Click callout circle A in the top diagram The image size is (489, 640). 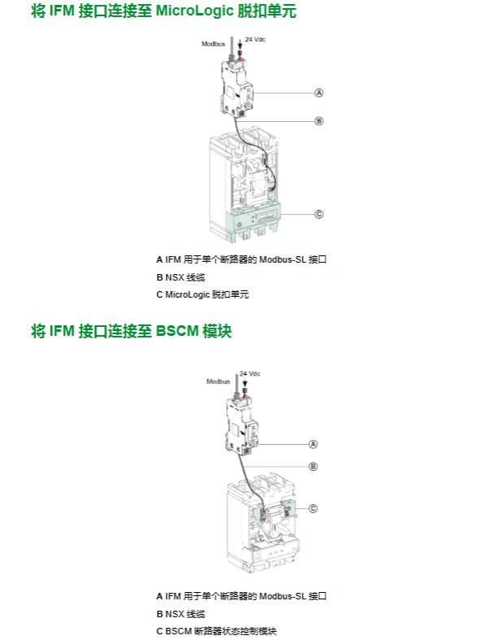click(319, 93)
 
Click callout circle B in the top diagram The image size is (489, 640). click(319, 121)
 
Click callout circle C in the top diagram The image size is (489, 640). click(319, 215)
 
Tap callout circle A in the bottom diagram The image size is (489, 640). click(313, 444)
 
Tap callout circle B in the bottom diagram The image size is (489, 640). click(313, 467)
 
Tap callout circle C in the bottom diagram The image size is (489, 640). click(313, 508)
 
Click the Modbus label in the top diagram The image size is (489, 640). click(213, 44)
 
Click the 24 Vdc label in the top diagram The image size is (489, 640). click(255, 39)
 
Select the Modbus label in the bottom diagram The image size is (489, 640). click(218, 381)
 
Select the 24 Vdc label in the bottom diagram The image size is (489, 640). click(250, 373)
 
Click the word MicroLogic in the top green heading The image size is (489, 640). click(194, 11)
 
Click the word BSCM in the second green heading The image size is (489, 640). click(177, 331)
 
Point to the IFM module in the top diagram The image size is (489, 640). click(237, 88)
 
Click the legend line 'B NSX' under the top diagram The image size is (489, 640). click(181, 277)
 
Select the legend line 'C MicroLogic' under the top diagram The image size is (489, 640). click(203, 294)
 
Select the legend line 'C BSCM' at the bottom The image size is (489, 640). click(216, 631)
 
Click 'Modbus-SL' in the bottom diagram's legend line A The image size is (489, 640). click(282, 596)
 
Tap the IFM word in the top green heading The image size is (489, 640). click(62, 11)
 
